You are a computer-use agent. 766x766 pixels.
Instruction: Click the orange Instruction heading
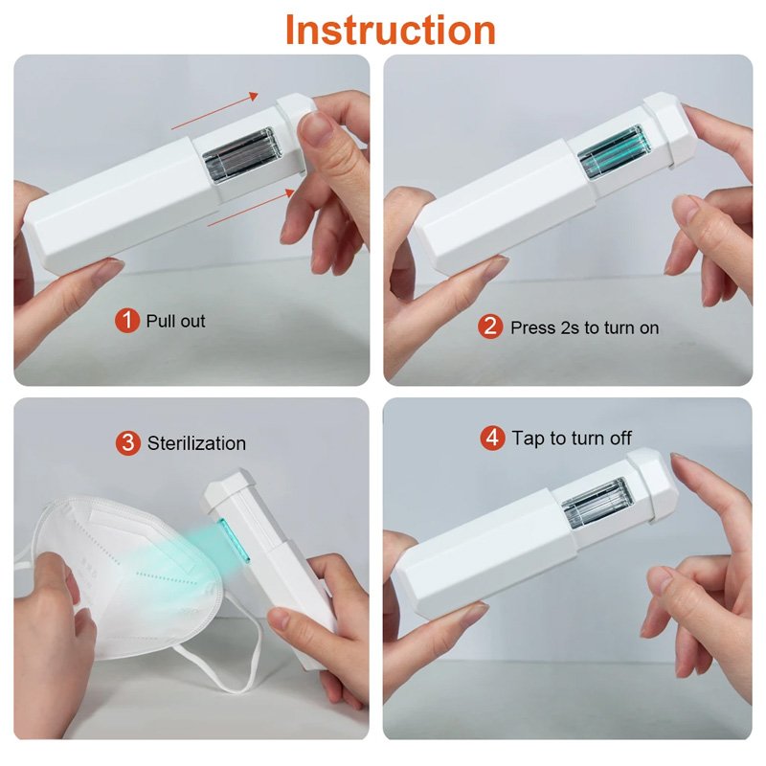tap(391, 30)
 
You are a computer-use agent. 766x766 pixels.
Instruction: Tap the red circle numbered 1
tap(127, 321)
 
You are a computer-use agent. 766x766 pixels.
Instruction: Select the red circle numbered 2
tap(490, 327)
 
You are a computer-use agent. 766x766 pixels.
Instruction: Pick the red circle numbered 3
tap(128, 442)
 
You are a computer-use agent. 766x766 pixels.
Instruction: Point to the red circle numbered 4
tap(492, 438)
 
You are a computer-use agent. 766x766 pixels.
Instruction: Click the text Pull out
tap(176, 321)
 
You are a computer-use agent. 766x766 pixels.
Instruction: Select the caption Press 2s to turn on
tap(585, 327)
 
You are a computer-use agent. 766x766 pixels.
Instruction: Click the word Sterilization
tap(196, 443)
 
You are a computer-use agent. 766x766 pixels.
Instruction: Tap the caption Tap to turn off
tap(572, 439)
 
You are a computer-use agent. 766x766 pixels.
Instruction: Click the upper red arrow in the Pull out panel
tap(214, 110)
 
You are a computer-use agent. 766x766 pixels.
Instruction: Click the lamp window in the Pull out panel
tap(242, 154)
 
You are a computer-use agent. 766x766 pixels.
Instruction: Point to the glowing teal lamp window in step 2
tap(615, 150)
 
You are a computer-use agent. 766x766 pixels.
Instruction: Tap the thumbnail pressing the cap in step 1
tap(316, 128)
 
